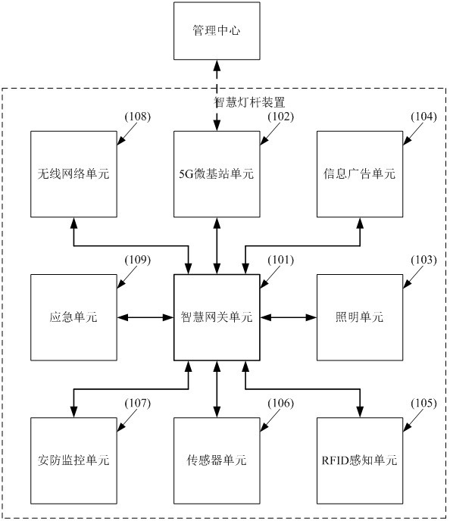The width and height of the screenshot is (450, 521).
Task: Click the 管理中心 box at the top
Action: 217,31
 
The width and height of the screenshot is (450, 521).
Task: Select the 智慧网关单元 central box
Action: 217,317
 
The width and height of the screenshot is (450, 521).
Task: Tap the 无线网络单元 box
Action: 73,174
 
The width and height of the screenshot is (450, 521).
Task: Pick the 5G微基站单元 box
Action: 217,174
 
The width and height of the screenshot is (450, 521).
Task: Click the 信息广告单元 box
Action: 360,174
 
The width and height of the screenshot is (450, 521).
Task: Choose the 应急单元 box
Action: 73,317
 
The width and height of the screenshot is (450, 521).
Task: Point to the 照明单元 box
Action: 360,317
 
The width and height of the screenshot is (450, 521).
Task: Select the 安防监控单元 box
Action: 73,460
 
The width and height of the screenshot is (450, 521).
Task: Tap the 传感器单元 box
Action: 217,460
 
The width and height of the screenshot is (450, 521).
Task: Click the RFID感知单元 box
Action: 360,460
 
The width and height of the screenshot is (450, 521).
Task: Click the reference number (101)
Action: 281,260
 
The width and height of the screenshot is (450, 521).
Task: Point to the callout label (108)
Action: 138,117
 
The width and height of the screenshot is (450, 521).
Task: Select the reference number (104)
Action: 423,117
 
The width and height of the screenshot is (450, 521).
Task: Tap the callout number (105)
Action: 423,403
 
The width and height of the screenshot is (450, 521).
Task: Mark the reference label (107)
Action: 138,403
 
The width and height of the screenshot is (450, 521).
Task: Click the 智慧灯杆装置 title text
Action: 249,102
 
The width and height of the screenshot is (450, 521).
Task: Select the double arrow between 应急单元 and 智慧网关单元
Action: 145,317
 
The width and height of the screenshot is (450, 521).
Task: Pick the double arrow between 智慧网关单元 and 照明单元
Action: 289,317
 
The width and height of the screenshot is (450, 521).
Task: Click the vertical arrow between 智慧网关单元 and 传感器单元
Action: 217,389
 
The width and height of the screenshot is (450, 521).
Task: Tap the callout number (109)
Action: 138,260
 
